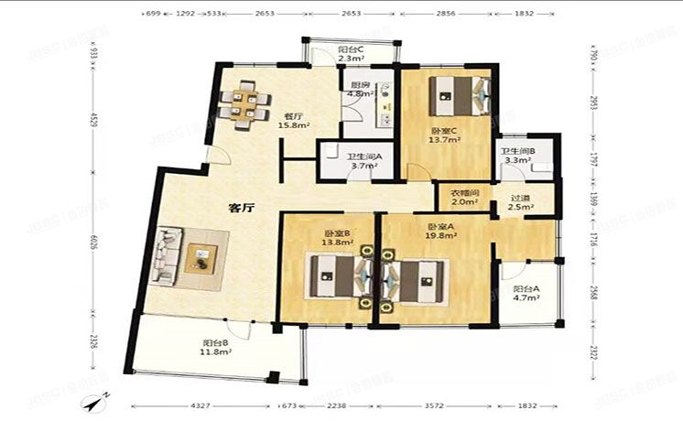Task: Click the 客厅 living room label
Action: click(x=241, y=208)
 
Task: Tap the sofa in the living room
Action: click(x=167, y=254)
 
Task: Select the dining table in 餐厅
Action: click(x=245, y=103)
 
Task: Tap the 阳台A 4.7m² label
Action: click(x=526, y=292)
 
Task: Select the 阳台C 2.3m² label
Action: click(x=351, y=54)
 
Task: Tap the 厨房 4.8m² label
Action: click(x=360, y=90)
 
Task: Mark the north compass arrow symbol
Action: click(x=96, y=401)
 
